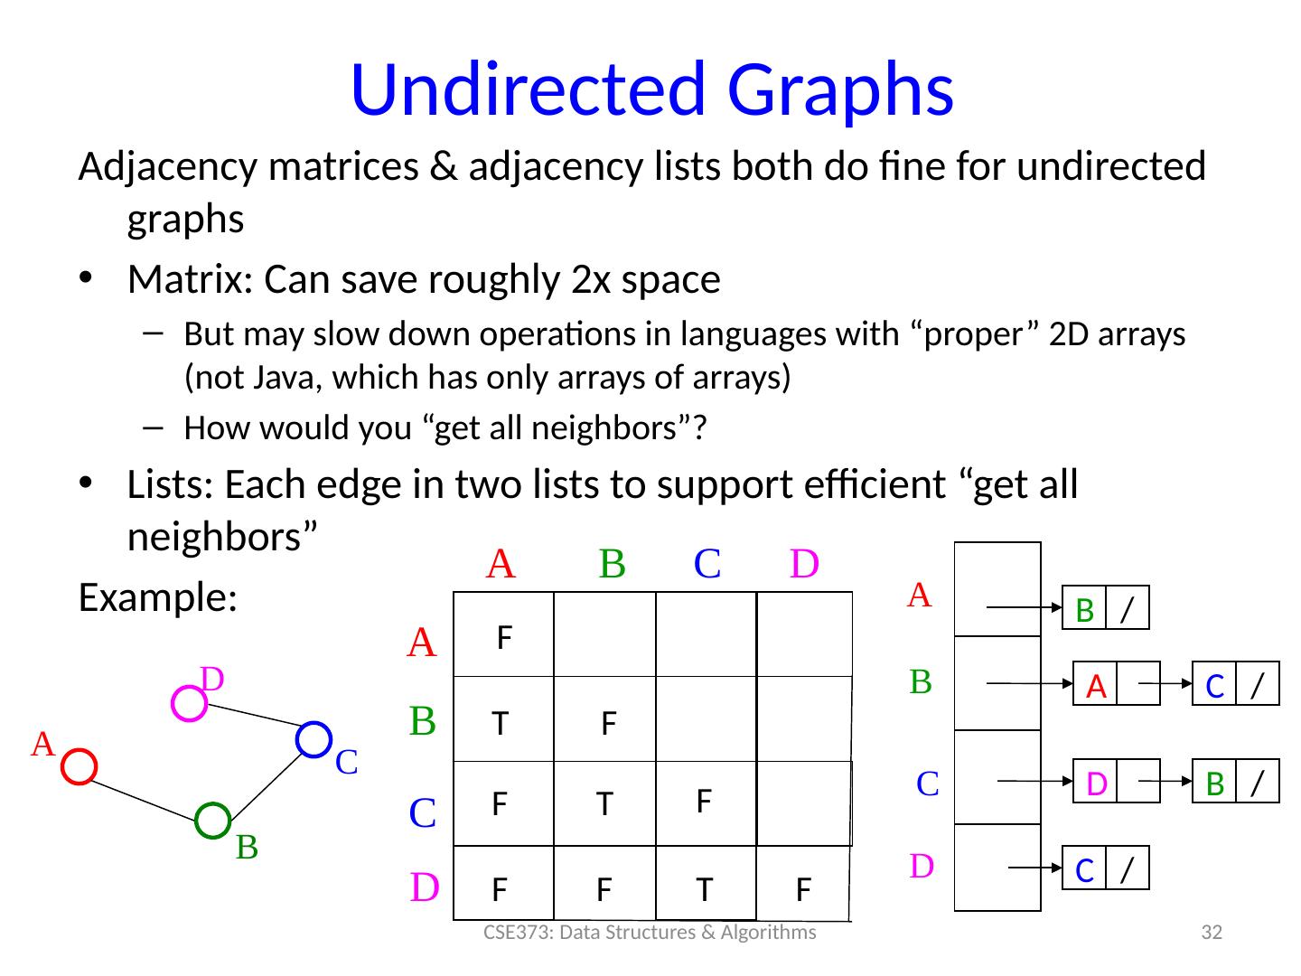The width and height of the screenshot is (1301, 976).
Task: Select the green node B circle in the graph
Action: click(x=213, y=820)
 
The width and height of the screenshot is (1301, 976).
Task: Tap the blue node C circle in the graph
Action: click(x=314, y=739)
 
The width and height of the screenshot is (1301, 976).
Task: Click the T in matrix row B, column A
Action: click(x=499, y=723)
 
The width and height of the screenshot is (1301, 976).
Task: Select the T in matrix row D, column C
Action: click(x=704, y=891)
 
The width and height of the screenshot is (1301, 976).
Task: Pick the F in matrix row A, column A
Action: click(x=505, y=639)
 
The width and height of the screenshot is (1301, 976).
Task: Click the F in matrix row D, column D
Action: click(x=802, y=891)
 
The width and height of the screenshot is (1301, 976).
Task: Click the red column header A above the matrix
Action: click(x=501, y=564)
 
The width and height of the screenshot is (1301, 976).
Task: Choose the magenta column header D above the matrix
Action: click(x=804, y=564)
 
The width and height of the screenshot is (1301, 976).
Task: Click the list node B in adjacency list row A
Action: click(x=1086, y=611)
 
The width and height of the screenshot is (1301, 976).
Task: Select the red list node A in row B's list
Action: click(x=1096, y=687)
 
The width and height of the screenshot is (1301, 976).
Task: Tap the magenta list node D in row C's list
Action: click(x=1096, y=783)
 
